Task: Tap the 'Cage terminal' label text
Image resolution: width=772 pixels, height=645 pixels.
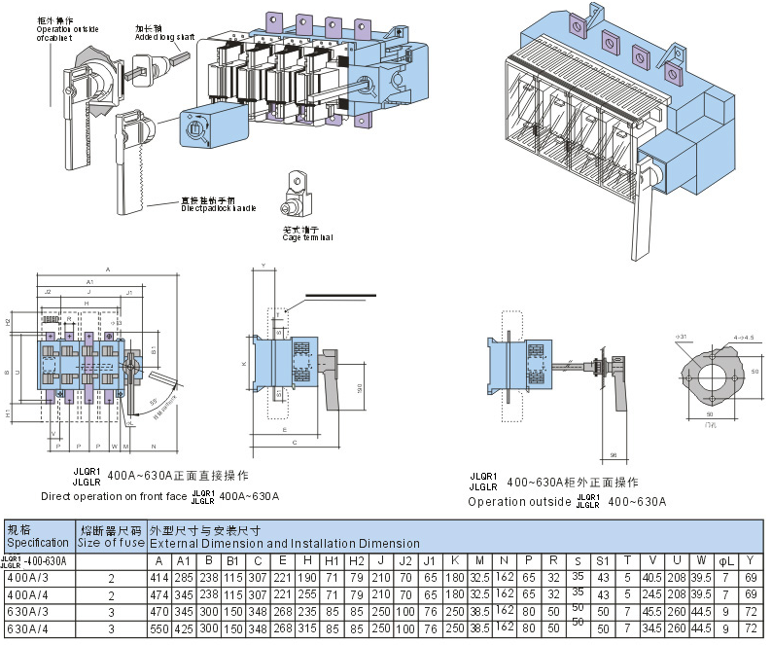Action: click(307, 237)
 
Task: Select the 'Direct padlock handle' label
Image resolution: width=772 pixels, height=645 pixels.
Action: click(218, 207)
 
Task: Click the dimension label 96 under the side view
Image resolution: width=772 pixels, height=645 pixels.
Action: click(613, 456)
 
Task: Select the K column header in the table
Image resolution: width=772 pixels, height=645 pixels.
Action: click(454, 560)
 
